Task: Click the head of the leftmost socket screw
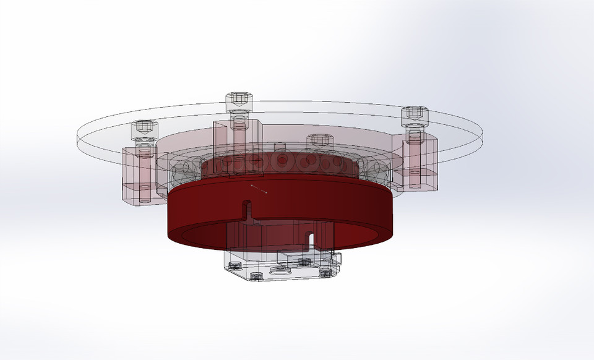coord(142,129)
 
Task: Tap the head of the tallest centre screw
coord(238,98)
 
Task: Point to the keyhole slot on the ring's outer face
coord(247,205)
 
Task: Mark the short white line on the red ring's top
coord(259,189)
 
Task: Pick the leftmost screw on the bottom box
coord(235,265)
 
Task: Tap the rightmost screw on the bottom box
coord(324,271)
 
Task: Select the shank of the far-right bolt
coord(413,155)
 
